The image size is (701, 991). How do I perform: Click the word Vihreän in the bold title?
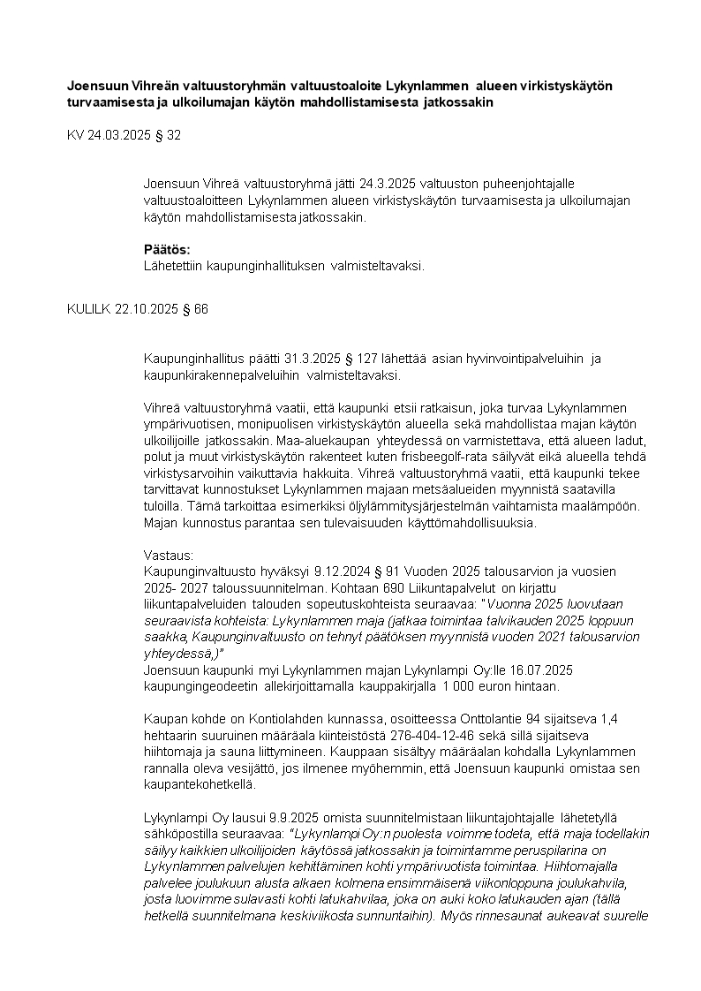[131, 86]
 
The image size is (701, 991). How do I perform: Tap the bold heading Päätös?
[166, 250]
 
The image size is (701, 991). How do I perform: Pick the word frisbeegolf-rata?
[455, 456]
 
